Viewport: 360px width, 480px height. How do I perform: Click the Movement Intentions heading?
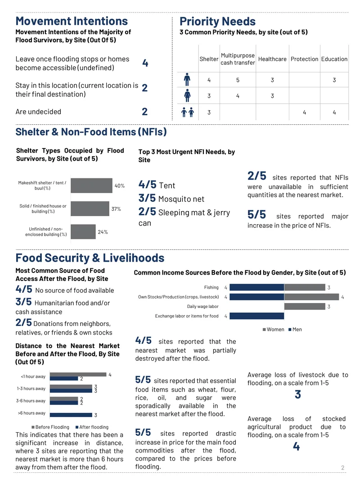click(x=72, y=21)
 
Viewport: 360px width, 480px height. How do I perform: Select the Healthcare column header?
click(x=272, y=59)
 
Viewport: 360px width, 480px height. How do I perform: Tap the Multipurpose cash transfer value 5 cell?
click(x=238, y=80)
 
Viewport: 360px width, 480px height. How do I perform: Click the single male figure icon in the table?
click(x=187, y=80)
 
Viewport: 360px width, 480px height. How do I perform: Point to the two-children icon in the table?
click(x=188, y=113)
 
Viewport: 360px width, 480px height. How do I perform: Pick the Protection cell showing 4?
click(x=304, y=113)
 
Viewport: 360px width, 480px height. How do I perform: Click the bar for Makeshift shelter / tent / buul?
click(x=91, y=186)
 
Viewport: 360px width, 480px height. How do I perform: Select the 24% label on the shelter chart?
click(x=103, y=232)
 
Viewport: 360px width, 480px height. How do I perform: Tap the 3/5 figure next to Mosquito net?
click(x=147, y=198)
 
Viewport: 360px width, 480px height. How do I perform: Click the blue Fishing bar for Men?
click(x=257, y=287)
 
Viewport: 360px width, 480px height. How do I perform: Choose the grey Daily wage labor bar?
click(x=305, y=307)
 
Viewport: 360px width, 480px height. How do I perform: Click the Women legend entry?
click(x=274, y=330)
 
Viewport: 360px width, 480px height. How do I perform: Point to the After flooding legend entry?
click(x=92, y=427)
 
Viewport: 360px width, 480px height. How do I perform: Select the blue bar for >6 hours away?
click(x=71, y=415)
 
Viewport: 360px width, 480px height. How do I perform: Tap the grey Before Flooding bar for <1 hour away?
click(x=78, y=374)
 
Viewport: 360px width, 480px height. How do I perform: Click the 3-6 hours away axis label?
click(x=31, y=401)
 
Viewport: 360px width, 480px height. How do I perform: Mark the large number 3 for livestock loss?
click(x=298, y=394)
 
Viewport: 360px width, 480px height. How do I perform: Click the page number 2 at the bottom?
click(x=342, y=468)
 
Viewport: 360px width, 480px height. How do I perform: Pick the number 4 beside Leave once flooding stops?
click(x=145, y=63)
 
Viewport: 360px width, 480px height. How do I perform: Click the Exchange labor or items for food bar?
click(x=257, y=316)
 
